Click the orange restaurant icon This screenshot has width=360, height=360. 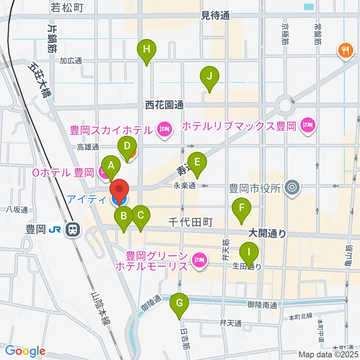[x=345, y=49]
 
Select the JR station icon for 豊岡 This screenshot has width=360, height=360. [x=72, y=229]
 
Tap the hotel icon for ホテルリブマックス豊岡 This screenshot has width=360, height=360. [x=307, y=124]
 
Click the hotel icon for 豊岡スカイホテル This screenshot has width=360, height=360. [x=164, y=130]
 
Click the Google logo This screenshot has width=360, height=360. [x=25, y=351]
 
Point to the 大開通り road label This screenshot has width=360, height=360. [x=267, y=234]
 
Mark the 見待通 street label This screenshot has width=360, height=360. [x=215, y=15]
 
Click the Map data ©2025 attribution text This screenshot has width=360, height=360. [x=328, y=354]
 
